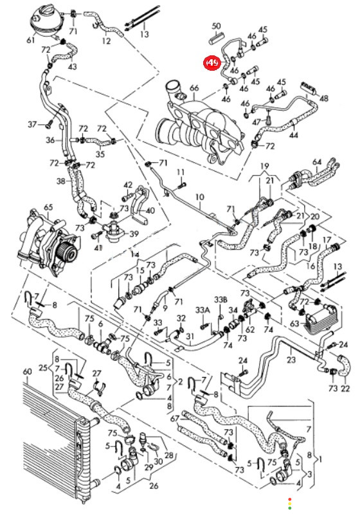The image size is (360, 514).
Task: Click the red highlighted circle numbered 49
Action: click(x=212, y=62)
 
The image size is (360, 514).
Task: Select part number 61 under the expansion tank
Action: click(x=30, y=41)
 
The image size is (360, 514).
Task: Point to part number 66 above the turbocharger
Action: click(x=194, y=88)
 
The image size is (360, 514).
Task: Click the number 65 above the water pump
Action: click(x=48, y=207)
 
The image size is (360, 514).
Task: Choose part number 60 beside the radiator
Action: click(x=28, y=372)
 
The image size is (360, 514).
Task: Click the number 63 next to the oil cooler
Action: click(x=294, y=324)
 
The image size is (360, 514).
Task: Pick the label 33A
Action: click(x=203, y=310)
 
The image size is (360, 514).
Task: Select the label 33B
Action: click(x=221, y=299)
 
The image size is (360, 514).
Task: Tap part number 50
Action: click(x=217, y=26)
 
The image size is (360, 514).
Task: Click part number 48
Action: click(x=323, y=98)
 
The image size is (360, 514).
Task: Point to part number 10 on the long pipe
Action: click(x=200, y=197)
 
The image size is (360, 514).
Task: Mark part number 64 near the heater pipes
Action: click(x=317, y=162)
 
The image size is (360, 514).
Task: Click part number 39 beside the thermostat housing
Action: click(x=134, y=234)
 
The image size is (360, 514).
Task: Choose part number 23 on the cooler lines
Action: click(x=291, y=360)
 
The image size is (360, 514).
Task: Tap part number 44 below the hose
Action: click(x=294, y=134)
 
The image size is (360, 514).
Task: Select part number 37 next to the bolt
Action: click(x=32, y=124)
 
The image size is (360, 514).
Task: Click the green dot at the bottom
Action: click(x=289, y=508)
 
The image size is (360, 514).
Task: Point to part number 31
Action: click(x=190, y=336)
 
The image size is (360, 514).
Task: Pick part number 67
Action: click(x=175, y=419)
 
